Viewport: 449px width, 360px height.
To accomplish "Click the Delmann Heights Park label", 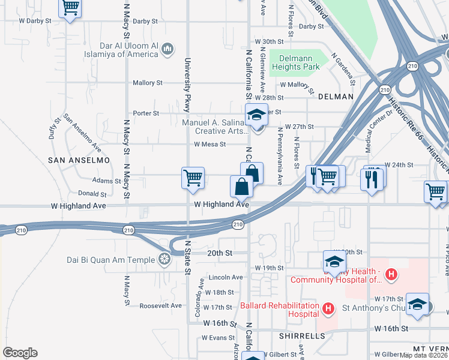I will click(x=294, y=62).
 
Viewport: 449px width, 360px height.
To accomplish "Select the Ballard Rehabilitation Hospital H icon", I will click(x=328, y=310).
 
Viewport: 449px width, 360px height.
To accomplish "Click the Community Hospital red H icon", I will click(x=391, y=275).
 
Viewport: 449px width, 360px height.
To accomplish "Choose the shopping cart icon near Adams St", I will click(x=193, y=178).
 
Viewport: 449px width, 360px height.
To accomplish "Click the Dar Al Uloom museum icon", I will click(x=168, y=48).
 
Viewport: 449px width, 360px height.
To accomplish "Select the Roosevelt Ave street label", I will click(x=160, y=305).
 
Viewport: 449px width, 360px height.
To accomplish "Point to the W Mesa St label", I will click(x=209, y=145).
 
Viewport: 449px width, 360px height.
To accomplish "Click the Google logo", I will click(x=20, y=353).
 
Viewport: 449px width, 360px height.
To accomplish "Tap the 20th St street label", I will click(x=220, y=253).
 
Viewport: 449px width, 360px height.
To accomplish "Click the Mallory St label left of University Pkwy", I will click(x=148, y=83).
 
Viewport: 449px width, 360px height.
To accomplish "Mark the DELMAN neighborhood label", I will click(x=336, y=96).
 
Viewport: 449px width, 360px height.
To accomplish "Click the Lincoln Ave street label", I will click(x=226, y=277).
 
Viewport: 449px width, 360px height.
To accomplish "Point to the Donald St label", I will click(x=92, y=194).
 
